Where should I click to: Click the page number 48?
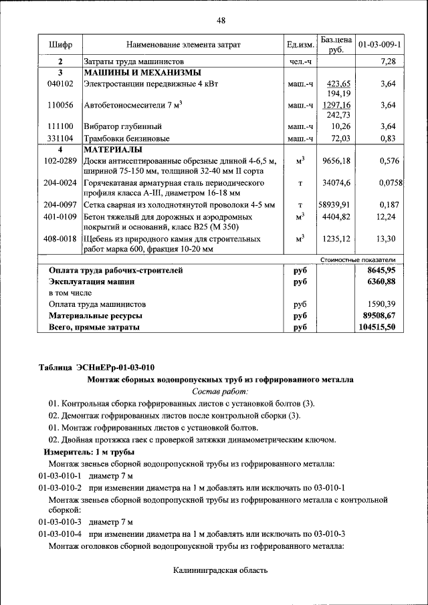coord(221,20)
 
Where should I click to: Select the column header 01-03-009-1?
coord(379,45)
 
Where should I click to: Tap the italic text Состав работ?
coord(220,391)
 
